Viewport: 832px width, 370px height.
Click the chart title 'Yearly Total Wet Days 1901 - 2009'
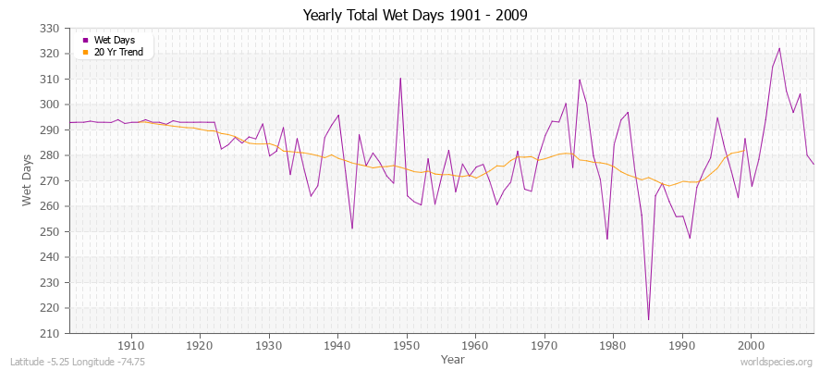pos(415,16)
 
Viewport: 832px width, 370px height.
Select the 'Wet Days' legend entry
pos(114,40)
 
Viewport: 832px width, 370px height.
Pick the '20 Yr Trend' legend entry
pos(119,52)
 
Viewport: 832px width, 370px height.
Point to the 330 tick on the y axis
pos(51,29)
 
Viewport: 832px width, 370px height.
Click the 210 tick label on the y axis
pos(51,333)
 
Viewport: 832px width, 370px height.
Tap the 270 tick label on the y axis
pos(51,181)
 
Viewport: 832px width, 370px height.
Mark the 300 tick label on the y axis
pos(51,105)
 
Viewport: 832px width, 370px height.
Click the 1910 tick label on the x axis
pos(131,344)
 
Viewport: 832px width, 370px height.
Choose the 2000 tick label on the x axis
pos(751,344)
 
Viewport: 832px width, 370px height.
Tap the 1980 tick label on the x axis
pos(613,344)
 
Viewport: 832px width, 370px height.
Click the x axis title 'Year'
pos(453,358)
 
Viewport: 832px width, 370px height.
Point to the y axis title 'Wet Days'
pos(28,180)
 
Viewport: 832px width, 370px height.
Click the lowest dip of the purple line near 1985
pos(648,320)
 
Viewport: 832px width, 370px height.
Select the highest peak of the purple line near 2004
pos(779,48)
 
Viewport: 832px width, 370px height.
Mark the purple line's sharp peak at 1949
pos(400,78)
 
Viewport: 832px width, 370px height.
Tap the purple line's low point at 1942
pos(352,228)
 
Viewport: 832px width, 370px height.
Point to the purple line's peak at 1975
pos(579,80)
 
